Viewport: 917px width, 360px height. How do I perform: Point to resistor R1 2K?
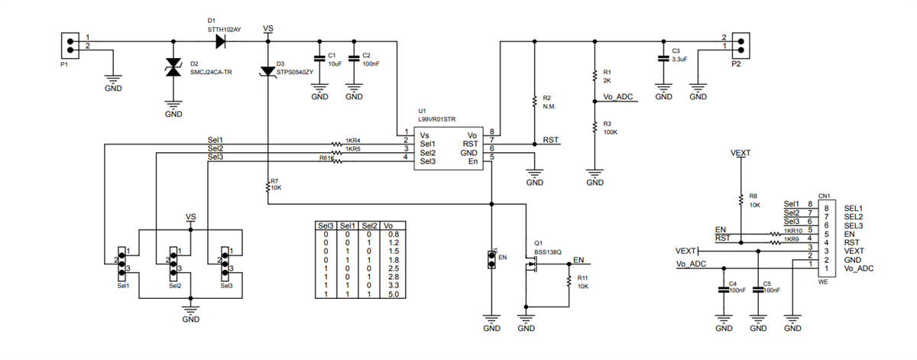(594, 76)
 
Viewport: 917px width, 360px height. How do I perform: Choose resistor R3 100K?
(594, 126)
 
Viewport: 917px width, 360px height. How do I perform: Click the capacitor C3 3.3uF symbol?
(663, 57)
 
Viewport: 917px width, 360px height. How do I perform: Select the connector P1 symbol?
(70, 45)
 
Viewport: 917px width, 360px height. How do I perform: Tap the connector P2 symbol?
(739, 43)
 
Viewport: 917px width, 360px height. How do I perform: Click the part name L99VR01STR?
(436, 121)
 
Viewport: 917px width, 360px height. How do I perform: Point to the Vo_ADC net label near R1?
(618, 97)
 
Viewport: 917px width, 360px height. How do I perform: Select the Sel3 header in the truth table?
(326, 226)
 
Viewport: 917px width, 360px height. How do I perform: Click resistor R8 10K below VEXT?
(740, 199)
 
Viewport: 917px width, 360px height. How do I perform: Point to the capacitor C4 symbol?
(723, 290)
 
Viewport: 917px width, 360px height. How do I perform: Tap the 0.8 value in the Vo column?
(393, 235)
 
